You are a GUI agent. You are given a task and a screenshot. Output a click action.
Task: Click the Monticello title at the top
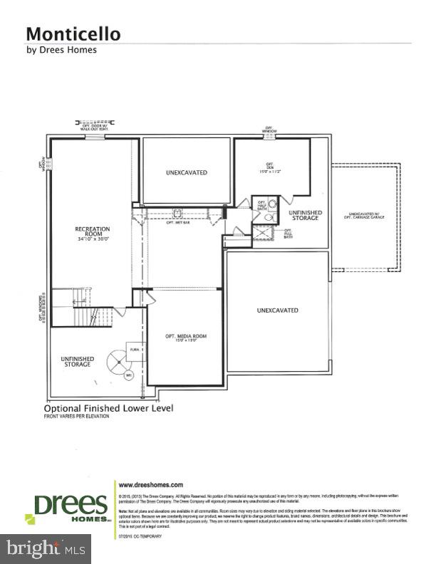[x=73, y=33]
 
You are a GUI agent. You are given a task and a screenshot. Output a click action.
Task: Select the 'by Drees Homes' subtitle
[x=61, y=50]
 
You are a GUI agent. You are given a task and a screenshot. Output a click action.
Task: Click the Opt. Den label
[x=269, y=169]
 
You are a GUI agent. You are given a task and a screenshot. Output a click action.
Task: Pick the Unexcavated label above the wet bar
[x=186, y=172]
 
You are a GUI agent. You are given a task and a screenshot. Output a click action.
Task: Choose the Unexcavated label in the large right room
[x=277, y=310]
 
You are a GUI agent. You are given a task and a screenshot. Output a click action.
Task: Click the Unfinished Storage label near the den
[x=305, y=216]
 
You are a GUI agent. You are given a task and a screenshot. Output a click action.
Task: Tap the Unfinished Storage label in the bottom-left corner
[x=76, y=362]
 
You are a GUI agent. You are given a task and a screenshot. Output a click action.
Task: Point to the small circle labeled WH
[x=129, y=375]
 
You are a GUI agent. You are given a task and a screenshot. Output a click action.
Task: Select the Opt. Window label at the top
[x=269, y=131]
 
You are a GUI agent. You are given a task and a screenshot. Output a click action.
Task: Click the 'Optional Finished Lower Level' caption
[x=108, y=409]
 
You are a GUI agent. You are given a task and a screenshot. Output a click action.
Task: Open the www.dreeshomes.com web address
[x=150, y=484]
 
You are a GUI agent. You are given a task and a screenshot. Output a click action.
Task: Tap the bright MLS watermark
[x=44, y=548]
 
